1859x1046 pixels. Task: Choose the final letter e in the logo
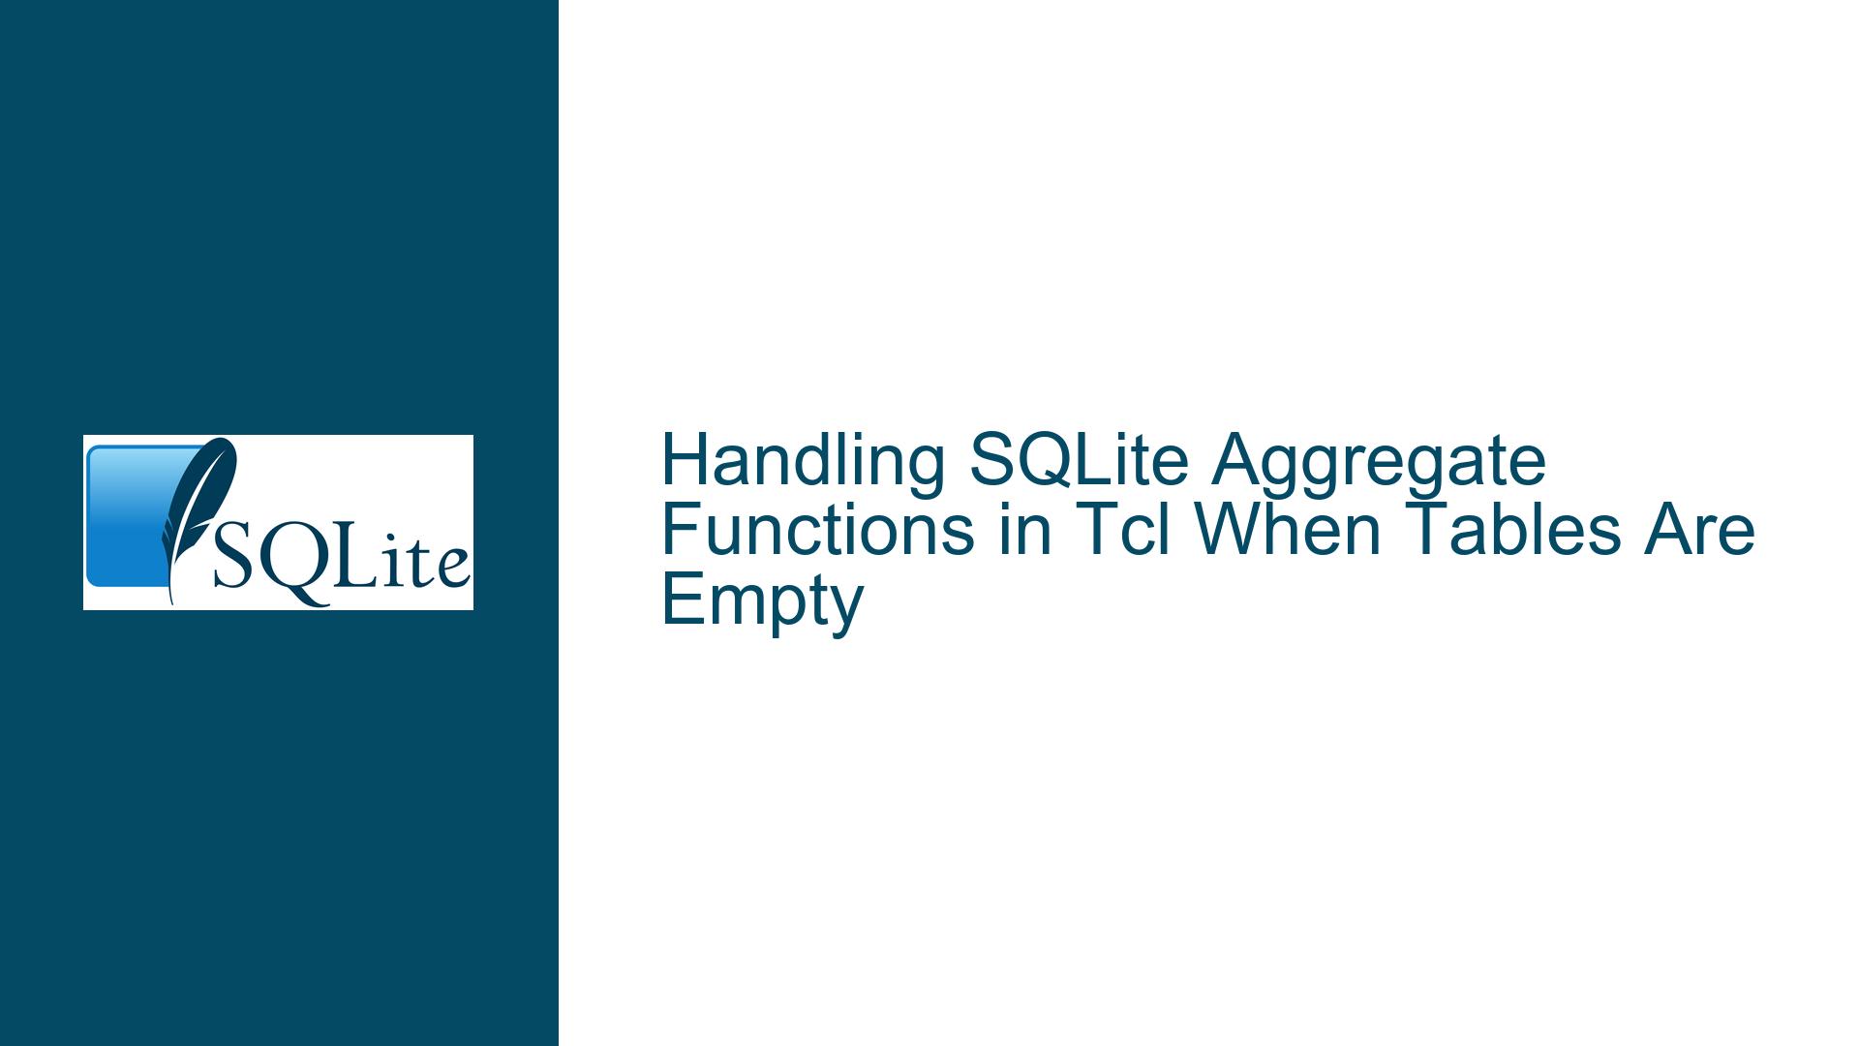(450, 570)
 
